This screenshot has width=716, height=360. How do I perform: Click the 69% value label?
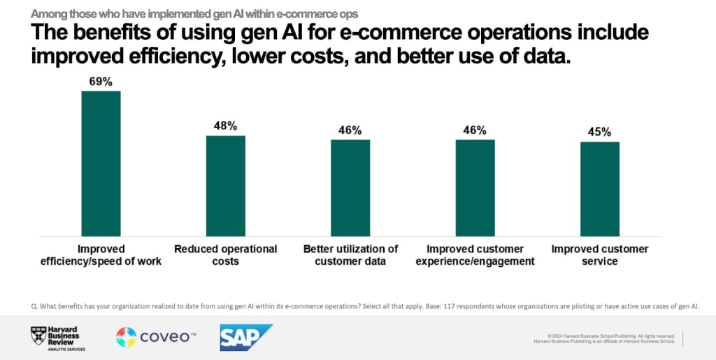101,82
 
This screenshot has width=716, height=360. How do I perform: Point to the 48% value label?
225,127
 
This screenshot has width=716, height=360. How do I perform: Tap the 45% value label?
600,133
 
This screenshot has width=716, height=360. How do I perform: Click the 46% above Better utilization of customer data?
350,131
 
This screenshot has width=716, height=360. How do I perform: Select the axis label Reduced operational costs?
225,255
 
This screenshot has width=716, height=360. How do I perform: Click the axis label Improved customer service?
600,255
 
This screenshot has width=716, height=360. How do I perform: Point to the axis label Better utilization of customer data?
350,255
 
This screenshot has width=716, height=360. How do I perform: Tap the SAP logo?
245,338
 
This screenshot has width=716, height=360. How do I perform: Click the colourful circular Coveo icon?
127,338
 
